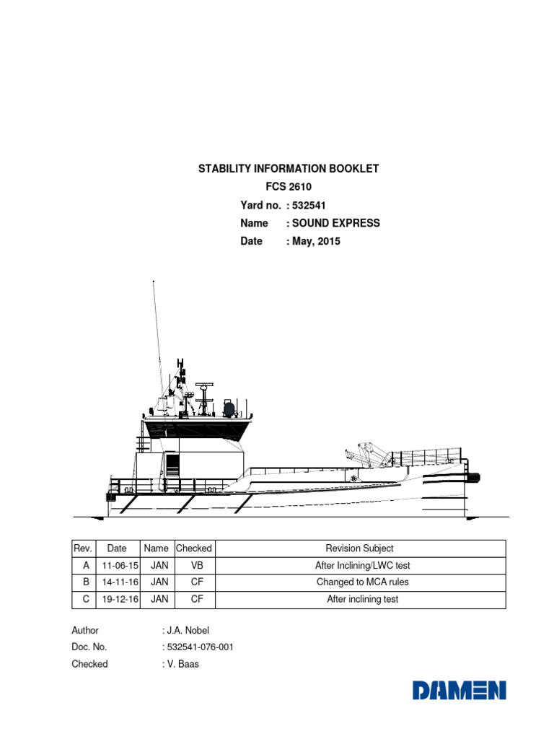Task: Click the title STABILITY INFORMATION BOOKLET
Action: pos(289,169)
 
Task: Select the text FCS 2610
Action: pos(289,187)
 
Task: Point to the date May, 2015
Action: pos(316,241)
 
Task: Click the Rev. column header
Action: pos(84,548)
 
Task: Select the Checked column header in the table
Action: pos(194,548)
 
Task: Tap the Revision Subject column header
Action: pos(360,548)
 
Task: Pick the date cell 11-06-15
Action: pos(117,566)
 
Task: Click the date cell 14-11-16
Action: pos(117,582)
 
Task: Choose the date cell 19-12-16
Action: pos(117,599)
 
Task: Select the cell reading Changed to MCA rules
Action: pos(362,582)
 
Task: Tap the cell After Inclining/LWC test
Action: pos(362,566)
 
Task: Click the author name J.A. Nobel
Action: pos(188,630)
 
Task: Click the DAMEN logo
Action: pos(460,691)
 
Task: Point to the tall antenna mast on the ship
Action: pos(157,325)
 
